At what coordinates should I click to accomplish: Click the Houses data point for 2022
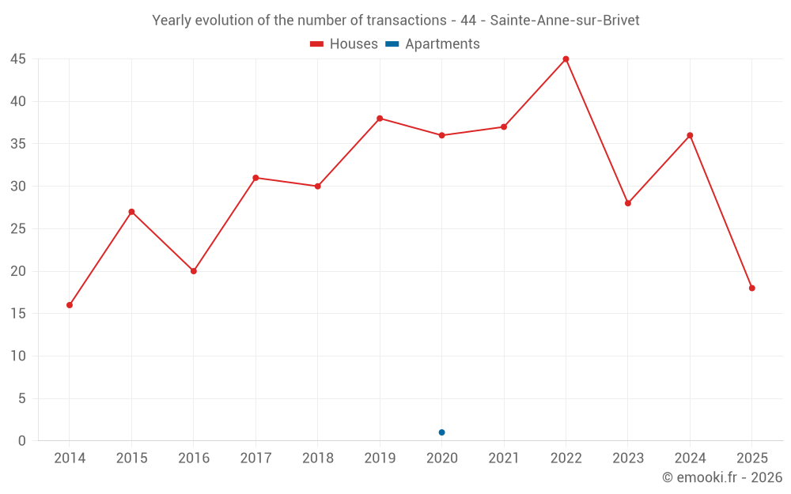[x=566, y=59]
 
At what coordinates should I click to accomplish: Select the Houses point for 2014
[x=70, y=305]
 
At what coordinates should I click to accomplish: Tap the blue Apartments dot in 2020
[x=441, y=432]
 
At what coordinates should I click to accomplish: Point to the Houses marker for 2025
[x=751, y=288]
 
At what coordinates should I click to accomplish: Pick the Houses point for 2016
[x=194, y=271]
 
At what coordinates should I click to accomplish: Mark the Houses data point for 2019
[x=380, y=119]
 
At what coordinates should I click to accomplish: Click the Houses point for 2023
[x=627, y=203]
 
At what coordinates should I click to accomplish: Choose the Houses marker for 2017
[x=255, y=178]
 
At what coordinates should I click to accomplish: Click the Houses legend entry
[x=344, y=44]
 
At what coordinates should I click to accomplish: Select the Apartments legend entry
[x=433, y=44]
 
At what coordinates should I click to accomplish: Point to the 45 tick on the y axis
[x=18, y=59]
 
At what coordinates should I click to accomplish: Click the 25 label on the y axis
[x=18, y=229]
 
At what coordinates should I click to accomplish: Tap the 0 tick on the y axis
[x=22, y=441]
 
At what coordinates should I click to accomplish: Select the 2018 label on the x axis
[x=317, y=458]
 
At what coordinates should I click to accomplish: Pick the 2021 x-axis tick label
[x=504, y=458]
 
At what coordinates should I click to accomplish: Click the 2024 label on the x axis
[x=690, y=458]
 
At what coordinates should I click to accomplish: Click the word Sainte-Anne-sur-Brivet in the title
[x=565, y=21]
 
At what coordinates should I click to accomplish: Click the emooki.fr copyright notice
[x=721, y=477]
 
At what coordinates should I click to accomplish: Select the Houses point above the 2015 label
[x=131, y=212]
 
